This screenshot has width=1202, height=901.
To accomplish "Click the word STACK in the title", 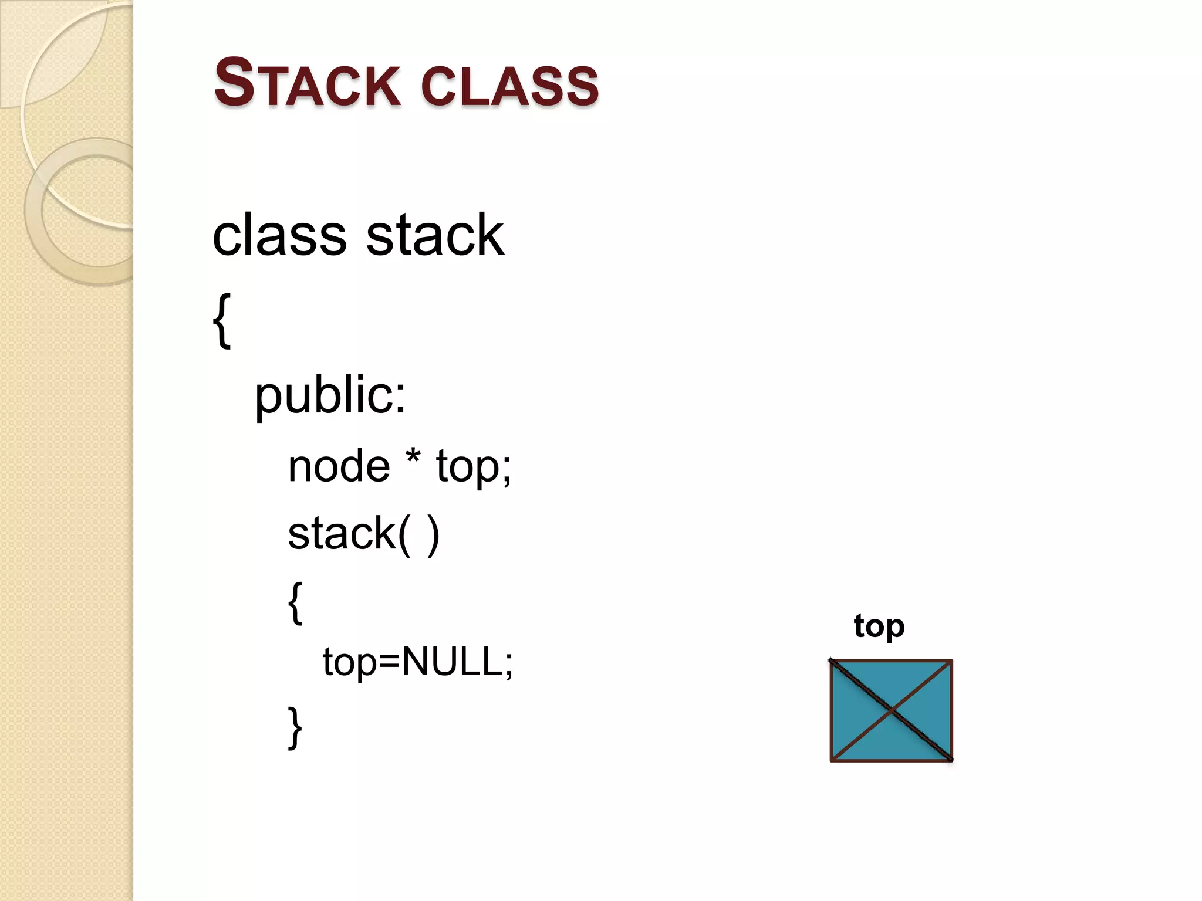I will click(306, 83).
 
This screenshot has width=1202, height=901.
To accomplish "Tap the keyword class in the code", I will click(279, 235).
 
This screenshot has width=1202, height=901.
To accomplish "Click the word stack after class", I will click(434, 235).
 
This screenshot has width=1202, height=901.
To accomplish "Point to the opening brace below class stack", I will click(222, 321).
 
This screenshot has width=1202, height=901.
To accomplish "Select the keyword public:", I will click(330, 395).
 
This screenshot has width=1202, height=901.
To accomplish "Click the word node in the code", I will click(339, 466).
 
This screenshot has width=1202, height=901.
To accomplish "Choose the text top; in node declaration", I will click(474, 466).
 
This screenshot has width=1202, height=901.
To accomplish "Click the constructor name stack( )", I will click(363, 534).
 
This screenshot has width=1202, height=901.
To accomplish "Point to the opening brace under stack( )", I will click(296, 602).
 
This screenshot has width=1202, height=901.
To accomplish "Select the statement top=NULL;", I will click(417, 662).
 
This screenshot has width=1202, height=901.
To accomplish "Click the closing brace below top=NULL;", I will click(296, 727).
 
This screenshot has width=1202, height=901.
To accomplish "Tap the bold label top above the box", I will click(879, 626).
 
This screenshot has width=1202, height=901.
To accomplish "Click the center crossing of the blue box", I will click(892, 711).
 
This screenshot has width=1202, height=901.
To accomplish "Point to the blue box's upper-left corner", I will click(832, 662).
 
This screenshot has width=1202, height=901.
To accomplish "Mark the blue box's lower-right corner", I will click(951, 760).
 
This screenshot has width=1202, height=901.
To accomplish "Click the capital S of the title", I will click(234, 82).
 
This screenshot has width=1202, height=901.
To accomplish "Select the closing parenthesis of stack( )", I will click(433, 535).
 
